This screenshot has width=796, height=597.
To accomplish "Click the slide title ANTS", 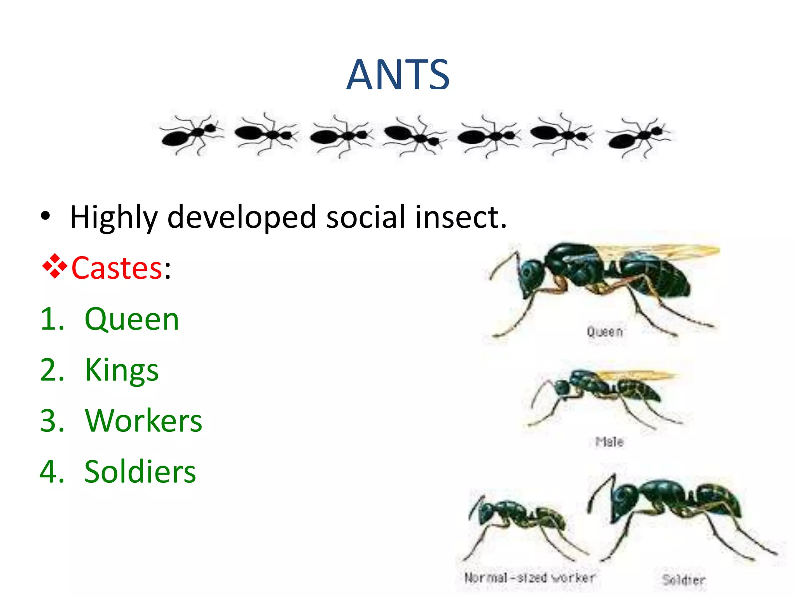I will click(x=398, y=75).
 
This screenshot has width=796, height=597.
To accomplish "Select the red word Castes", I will click(x=117, y=268).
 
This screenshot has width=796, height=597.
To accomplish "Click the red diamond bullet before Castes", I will click(x=55, y=267).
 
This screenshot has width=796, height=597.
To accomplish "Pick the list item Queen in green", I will click(x=132, y=319).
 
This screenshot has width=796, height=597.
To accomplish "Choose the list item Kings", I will click(x=122, y=370).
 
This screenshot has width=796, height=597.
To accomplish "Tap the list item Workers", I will click(x=143, y=421).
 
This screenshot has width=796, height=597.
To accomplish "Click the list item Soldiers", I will click(x=140, y=472).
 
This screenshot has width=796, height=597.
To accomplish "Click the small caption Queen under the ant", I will click(x=605, y=332).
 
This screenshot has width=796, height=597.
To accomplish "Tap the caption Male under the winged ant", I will click(x=609, y=442).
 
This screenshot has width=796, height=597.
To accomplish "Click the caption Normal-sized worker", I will click(x=530, y=578).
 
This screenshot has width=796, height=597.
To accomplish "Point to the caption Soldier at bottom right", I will click(x=684, y=580).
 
